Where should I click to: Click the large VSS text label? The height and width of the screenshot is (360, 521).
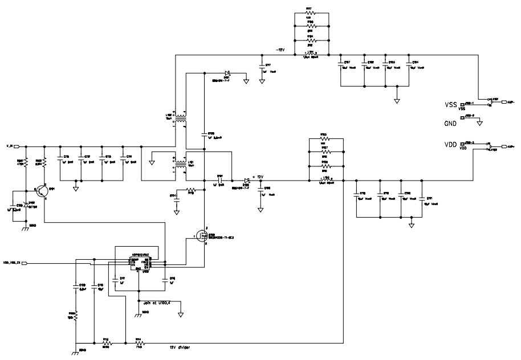click(x=451, y=105)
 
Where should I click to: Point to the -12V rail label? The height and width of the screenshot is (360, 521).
click(x=281, y=50)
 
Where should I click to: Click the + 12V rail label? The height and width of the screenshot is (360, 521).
click(x=260, y=177)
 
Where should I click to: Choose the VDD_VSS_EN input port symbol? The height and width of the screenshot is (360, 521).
click(x=14, y=264)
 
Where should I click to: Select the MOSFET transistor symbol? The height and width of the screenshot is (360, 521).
click(x=201, y=235)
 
